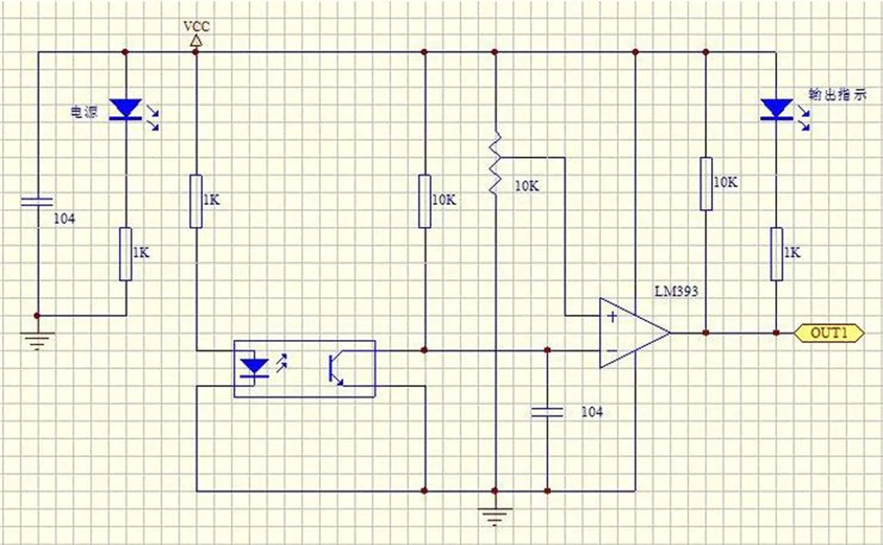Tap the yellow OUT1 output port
tap(829, 333)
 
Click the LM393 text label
tap(677, 291)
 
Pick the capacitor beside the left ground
tap(37, 202)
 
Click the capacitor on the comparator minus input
tap(547, 412)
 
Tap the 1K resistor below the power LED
tap(126, 254)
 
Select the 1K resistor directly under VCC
tap(196, 201)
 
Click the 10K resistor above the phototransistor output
tap(425, 201)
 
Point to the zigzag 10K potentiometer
tap(495, 163)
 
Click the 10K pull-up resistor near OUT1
tap(706, 184)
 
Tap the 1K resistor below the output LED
tap(776, 254)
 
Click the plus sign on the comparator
tap(612, 316)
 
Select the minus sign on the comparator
tap(612, 350)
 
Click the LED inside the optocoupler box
tap(255, 368)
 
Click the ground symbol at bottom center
tap(494, 516)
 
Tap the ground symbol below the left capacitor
tap(37, 341)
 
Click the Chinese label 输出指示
tap(837, 94)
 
